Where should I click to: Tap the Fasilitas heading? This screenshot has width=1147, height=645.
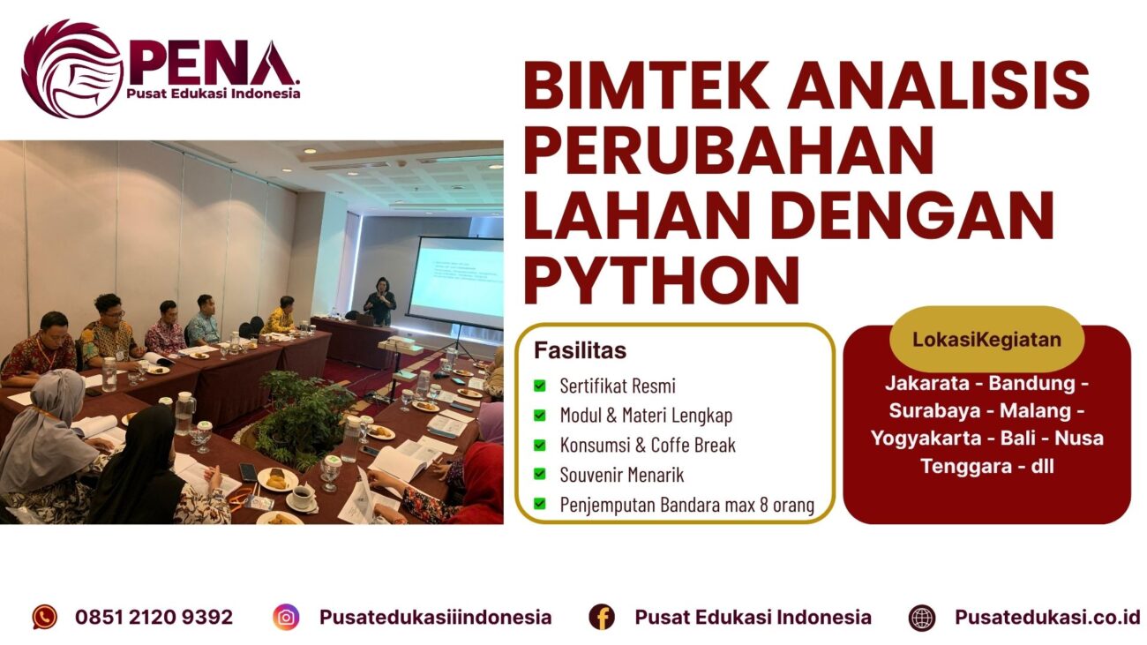point(580,350)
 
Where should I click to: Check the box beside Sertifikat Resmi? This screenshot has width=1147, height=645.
point(540,386)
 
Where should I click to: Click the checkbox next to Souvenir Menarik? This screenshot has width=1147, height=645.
point(540,475)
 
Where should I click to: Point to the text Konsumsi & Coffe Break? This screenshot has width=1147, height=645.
point(648,445)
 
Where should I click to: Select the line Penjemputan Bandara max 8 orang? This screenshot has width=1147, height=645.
point(686,505)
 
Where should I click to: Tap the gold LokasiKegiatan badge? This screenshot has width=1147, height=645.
point(986,339)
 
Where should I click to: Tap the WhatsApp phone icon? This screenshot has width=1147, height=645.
point(45,617)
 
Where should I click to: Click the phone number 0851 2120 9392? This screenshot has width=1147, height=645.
point(154,617)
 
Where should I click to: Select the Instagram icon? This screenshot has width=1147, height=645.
point(286,617)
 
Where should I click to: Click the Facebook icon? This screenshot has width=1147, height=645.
point(602,617)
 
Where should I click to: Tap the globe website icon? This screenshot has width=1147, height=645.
point(922,617)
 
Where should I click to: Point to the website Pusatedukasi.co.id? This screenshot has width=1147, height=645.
point(1047,617)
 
